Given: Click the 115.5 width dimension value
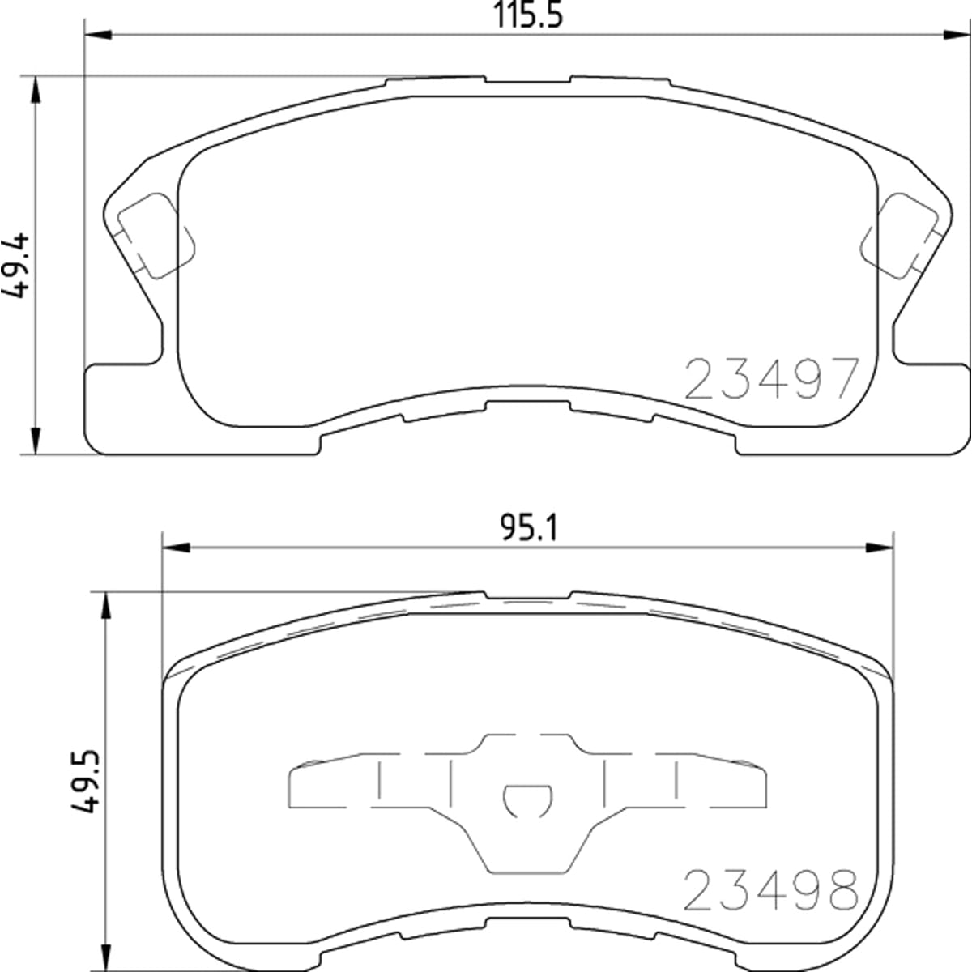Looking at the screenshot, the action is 527,15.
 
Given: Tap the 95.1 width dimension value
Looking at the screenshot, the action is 529,527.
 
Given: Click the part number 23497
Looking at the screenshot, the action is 771,379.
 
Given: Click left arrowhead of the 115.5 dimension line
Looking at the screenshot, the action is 98,36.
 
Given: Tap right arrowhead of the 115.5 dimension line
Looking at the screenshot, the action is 957,36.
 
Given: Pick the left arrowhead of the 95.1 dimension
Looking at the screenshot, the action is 176,548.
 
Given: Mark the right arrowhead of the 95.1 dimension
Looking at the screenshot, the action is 879,548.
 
